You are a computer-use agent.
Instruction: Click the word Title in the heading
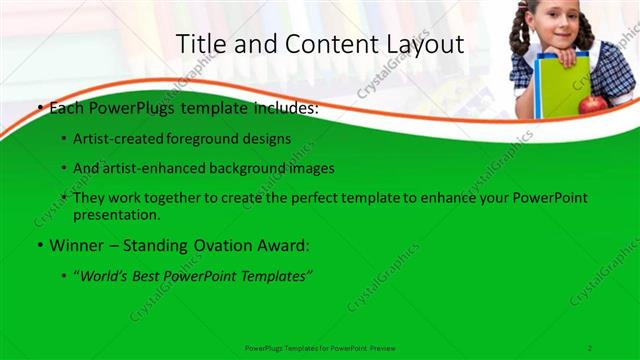point(201,45)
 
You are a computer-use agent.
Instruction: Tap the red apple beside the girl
point(593,103)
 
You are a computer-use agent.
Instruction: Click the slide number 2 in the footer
point(590,347)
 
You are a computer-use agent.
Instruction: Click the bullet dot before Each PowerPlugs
point(38,109)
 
